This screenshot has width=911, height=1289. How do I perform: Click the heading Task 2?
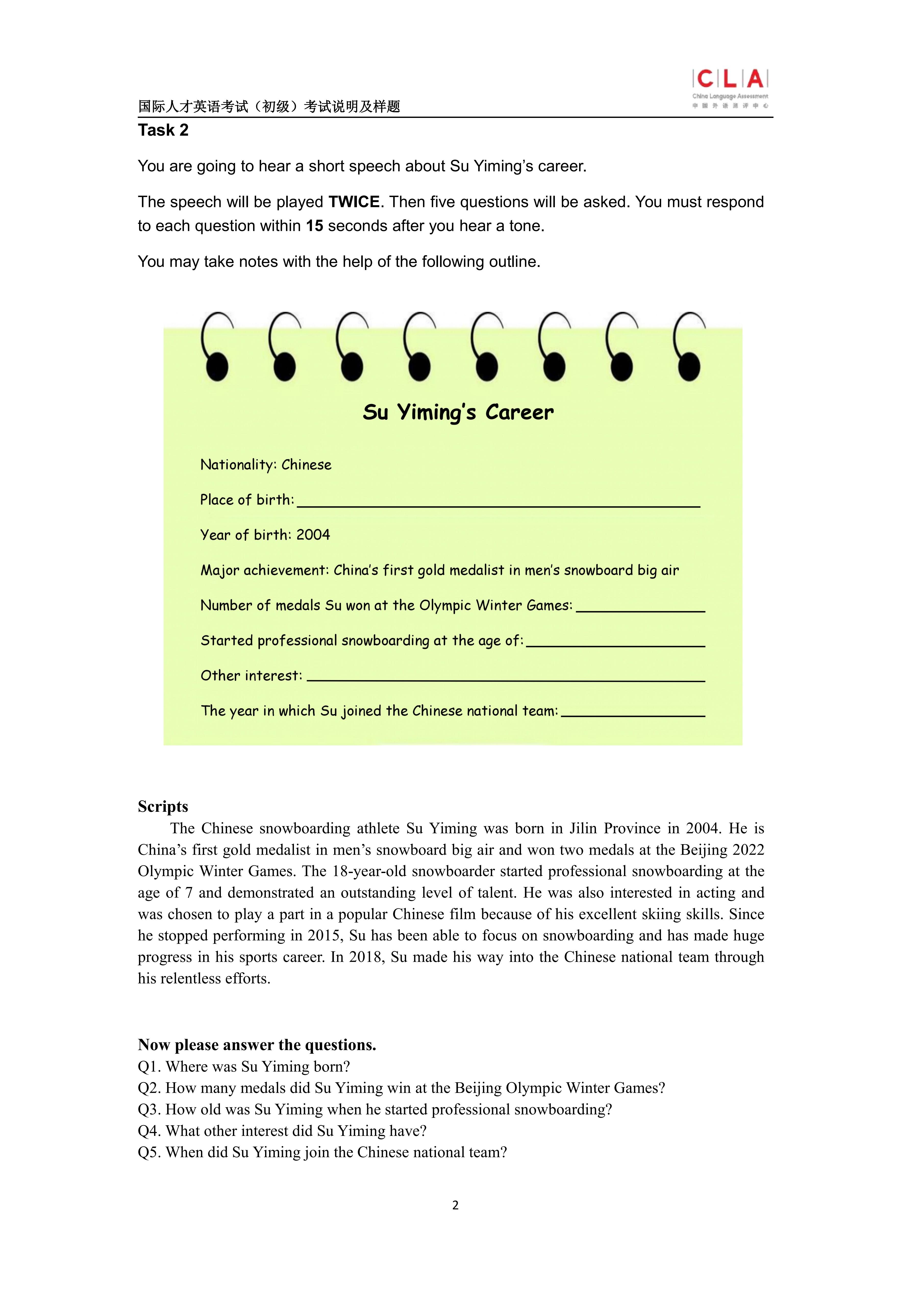163,130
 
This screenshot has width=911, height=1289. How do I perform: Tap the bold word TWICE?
354,202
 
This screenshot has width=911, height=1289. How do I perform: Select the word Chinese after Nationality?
306,465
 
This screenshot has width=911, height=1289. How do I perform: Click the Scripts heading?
163,807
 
